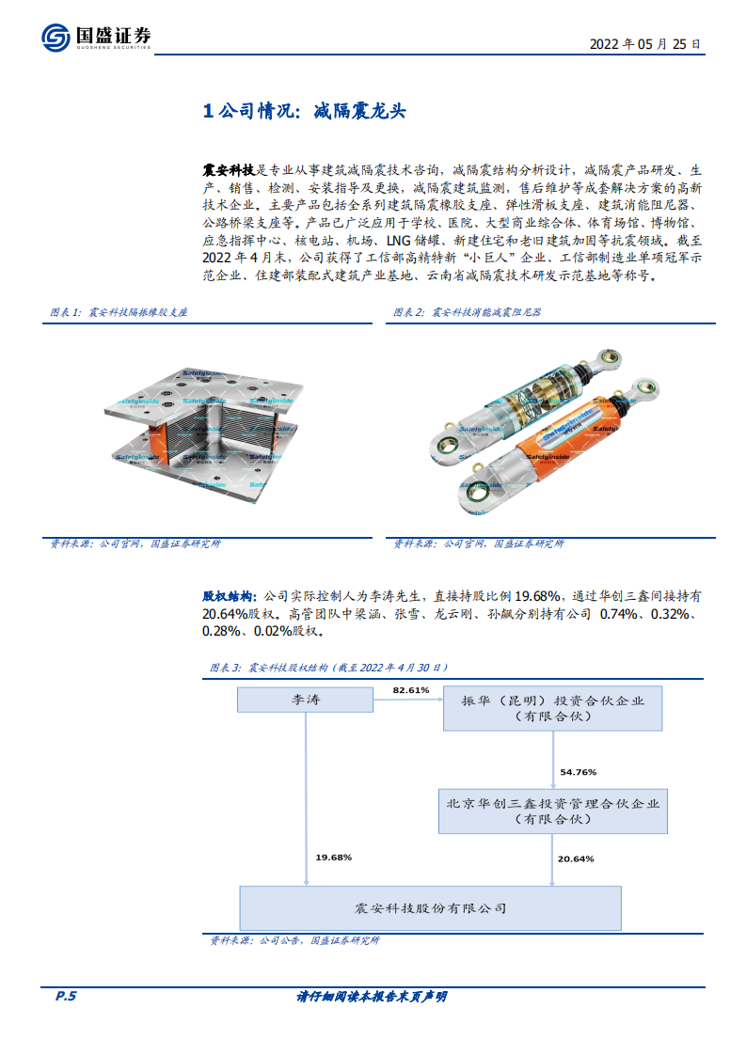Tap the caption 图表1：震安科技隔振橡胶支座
(x=119, y=311)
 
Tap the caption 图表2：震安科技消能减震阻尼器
(x=468, y=311)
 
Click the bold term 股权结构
(x=228, y=596)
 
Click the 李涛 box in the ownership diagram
(x=308, y=699)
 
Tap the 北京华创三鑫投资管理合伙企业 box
(x=552, y=811)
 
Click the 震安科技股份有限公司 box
(x=430, y=908)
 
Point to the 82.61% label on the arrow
(x=411, y=690)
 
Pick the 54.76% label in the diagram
(x=578, y=771)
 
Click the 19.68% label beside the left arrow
(x=334, y=858)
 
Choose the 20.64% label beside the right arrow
(x=577, y=858)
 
